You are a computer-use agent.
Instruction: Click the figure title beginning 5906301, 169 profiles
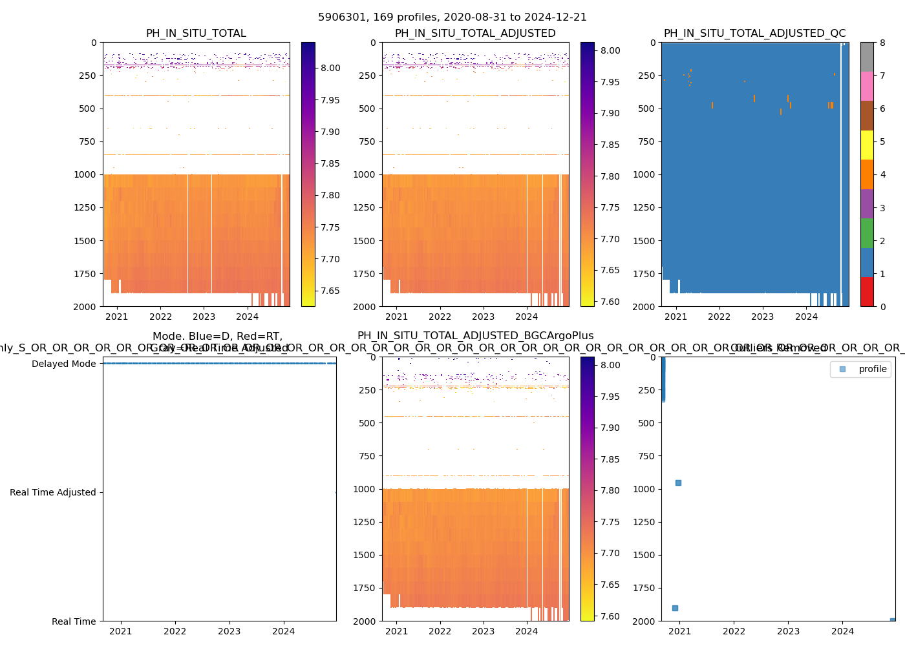pyautogui.click(x=452, y=17)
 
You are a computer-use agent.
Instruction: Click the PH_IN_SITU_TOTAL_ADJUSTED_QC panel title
pyautogui.click(x=754, y=34)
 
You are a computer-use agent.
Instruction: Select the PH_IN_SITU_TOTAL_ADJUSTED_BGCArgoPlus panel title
pyautogui.click(x=475, y=336)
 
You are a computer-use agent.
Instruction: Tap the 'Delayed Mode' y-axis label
pyautogui.click(x=64, y=364)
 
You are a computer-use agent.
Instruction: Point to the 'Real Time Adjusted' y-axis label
pyautogui.click(x=53, y=492)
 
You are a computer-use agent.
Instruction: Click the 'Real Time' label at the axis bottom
pyautogui.click(x=74, y=621)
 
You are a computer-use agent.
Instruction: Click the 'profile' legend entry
pyautogui.click(x=872, y=369)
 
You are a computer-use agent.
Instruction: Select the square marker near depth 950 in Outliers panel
pyautogui.click(x=678, y=483)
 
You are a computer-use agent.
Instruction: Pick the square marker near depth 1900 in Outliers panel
pyautogui.click(x=675, y=608)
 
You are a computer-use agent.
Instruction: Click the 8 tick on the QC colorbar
pyautogui.click(x=882, y=43)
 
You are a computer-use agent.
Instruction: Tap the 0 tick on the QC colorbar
pyautogui.click(x=882, y=306)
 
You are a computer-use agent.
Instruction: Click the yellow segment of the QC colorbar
pyautogui.click(x=867, y=145)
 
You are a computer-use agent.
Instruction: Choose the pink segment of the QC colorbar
pyautogui.click(x=867, y=87)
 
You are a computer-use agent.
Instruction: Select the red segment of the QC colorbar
pyautogui.click(x=867, y=292)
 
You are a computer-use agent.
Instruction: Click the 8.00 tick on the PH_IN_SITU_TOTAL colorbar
pyautogui.click(x=330, y=68)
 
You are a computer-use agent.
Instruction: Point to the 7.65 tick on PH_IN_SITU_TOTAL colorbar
pyautogui.click(x=330, y=291)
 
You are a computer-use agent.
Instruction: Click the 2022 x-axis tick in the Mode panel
pyautogui.click(x=175, y=631)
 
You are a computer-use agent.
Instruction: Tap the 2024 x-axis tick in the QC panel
pyautogui.click(x=806, y=317)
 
